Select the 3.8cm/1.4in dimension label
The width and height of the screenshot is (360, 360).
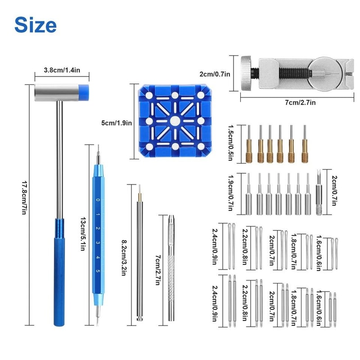[x=62, y=70]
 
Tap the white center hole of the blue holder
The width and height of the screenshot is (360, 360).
[x=174, y=121]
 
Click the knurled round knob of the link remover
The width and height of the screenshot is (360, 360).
[x=246, y=72]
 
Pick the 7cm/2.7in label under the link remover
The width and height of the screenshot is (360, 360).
[x=301, y=103]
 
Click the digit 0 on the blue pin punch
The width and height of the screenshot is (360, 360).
[x=98, y=199]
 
